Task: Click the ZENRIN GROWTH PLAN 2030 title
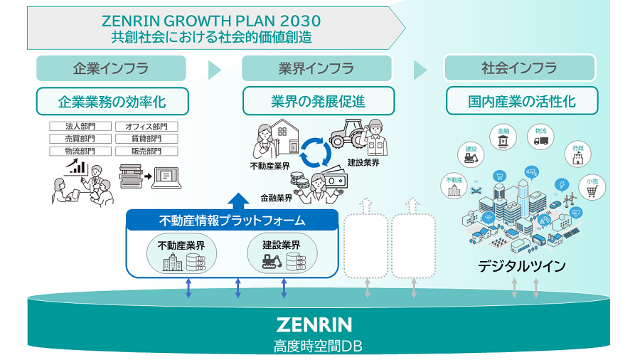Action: pos(211,20)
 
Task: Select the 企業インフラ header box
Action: pos(111,68)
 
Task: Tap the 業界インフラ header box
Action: pos(316,68)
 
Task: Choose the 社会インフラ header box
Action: pos(519,68)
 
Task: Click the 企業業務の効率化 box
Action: pos(112,101)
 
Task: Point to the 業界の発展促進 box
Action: pos(318,101)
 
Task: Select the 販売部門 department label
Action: pos(147,152)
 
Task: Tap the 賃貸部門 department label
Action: pos(147,139)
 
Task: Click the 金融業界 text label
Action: pos(277,198)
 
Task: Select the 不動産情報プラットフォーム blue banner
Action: pos(232,221)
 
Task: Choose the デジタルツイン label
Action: pos(522,267)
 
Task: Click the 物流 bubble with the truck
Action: pos(542,137)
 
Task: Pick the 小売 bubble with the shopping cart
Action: pos(592,186)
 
